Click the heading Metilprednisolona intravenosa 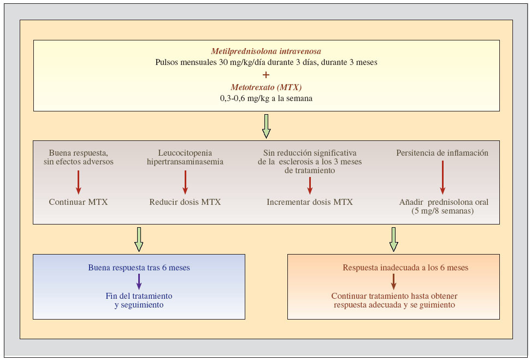click(266, 51)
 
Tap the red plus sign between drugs click(266, 75)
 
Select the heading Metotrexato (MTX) click(266, 87)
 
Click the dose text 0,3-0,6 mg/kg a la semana click(266, 98)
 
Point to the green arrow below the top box click(266, 126)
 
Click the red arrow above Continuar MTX click(79, 182)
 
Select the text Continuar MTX click(79, 202)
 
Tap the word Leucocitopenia click(185, 153)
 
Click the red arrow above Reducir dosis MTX click(185, 182)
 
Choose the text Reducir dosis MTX click(185, 202)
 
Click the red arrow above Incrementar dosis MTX click(310, 185)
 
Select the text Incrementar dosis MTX click(310, 202)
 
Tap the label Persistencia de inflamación click(442, 153)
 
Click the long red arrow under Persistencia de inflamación click(442, 178)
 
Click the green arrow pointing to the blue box click(139, 239)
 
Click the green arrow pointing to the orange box click(393, 239)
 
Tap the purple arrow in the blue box click(139, 281)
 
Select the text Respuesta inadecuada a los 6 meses click(405, 268)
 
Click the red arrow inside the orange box click(393, 281)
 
